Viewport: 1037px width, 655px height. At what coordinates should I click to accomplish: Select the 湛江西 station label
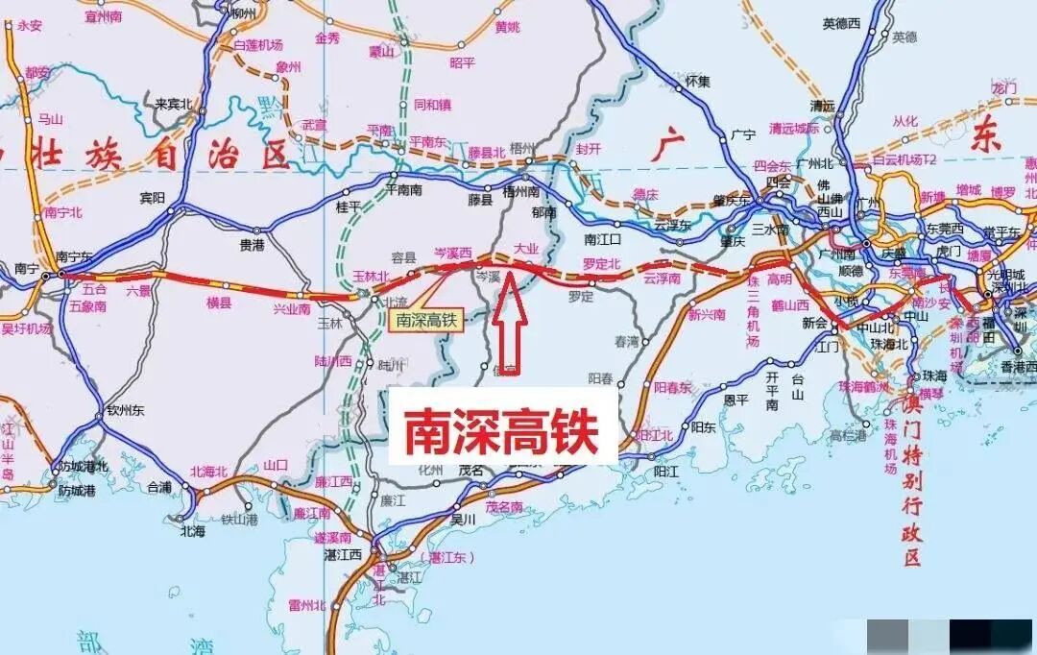[340, 554]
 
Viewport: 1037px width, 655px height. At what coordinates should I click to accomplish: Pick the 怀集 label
[698, 82]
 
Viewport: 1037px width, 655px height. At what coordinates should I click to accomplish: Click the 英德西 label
[842, 22]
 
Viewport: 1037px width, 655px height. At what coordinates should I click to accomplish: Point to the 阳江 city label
[665, 472]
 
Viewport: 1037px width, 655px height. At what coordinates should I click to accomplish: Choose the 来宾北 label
[174, 104]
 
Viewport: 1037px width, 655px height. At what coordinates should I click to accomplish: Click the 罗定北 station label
[602, 263]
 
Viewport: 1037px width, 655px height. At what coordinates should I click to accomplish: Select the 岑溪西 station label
[453, 253]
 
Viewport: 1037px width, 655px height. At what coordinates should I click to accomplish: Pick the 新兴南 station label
[707, 314]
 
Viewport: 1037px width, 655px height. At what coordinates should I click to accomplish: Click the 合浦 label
[159, 487]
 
